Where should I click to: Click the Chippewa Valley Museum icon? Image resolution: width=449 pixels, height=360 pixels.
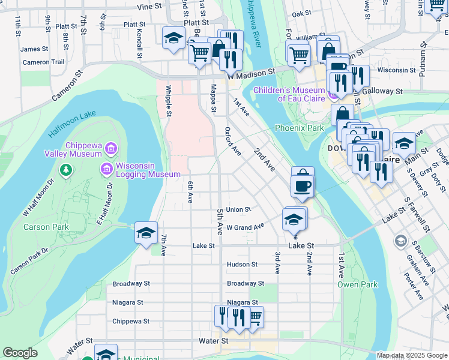pyautogui.click(x=110, y=148)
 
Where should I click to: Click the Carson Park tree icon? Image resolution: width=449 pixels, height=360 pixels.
pyautogui.click(x=65, y=171)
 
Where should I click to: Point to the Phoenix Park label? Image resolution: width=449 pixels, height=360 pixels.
pyautogui.click(x=299, y=128)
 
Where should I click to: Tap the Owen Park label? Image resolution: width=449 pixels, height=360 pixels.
pyautogui.click(x=357, y=284)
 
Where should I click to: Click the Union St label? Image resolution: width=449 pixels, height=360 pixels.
pyautogui.click(x=238, y=209)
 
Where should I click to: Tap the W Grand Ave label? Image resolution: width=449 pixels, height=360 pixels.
pyautogui.click(x=245, y=227)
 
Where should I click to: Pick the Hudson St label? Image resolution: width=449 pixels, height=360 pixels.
pyautogui.click(x=242, y=264)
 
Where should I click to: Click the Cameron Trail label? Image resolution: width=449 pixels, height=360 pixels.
pyautogui.click(x=43, y=62)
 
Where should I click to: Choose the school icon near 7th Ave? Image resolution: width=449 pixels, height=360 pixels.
pyautogui.click(x=146, y=233)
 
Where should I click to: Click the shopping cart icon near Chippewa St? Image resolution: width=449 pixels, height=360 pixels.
pyautogui.click(x=255, y=317)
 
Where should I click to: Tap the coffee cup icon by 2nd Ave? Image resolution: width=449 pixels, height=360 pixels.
pyautogui.click(x=303, y=185)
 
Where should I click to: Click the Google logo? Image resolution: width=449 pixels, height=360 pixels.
pyautogui.click(x=20, y=353)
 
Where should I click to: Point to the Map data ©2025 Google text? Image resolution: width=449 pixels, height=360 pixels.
pyautogui.click(x=411, y=355)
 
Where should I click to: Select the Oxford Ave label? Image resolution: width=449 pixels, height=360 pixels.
pyautogui.click(x=233, y=141)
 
